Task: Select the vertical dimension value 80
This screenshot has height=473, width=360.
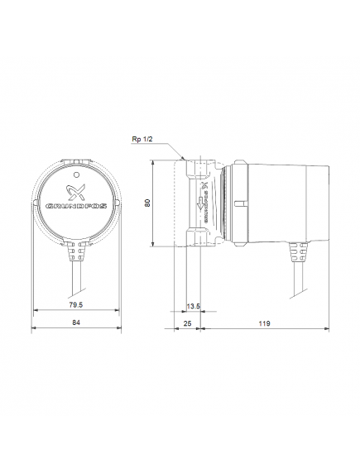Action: [x=147, y=203]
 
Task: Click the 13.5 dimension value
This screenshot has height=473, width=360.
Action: [x=195, y=305]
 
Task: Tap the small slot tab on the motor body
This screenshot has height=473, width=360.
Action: [x=241, y=202]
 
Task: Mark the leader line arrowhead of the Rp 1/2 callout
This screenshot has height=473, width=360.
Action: [x=183, y=159]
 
